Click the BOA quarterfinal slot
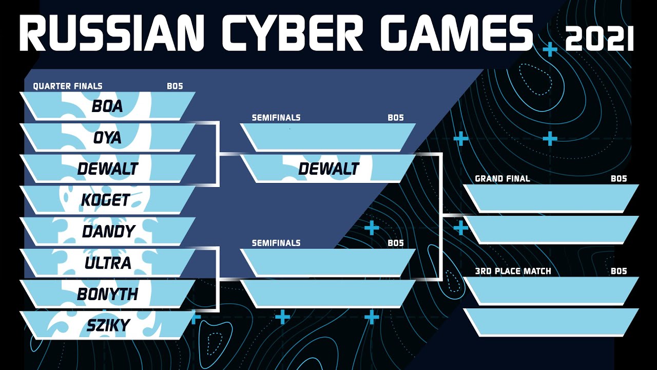click(x=107, y=106)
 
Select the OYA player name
click(x=107, y=137)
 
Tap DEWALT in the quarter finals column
click(x=107, y=169)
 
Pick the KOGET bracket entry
click(x=107, y=200)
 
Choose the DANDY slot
click(x=107, y=231)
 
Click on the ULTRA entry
click(x=107, y=263)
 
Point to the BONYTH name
click(x=107, y=294)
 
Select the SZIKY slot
click(x=107, y=325)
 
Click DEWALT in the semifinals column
click(x=328, y=169)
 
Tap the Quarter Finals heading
click(x=68, y=86)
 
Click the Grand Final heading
click(x=503, y=178)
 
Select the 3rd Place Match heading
click(x=513, y=271)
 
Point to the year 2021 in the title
click(x=599, y=38)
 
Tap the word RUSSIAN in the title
click(x=112, y=32)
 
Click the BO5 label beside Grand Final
click(x=619, y=178)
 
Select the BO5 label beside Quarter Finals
click(x=175, y=86)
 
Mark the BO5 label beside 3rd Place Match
click(x=619, y=271)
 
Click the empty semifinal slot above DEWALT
click(x=328, y=137)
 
